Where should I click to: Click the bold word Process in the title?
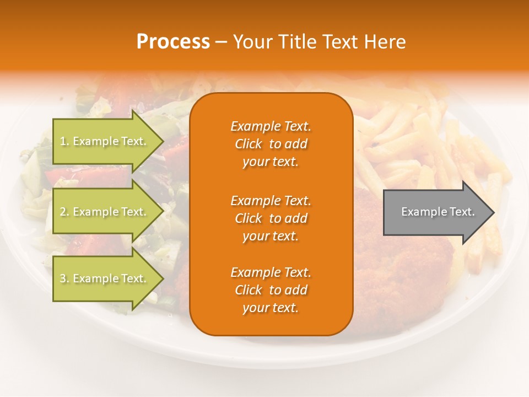click(x=173, y=42)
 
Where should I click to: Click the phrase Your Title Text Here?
click(x=319, y=42)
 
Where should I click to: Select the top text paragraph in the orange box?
click(x=271, y=144)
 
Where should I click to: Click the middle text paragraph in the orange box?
click(x=271, y=218)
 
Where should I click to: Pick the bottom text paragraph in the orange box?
click(x=271, y=290)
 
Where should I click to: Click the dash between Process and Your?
click(x=221, y=42)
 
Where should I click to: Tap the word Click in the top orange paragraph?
click(x=249, y=144)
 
